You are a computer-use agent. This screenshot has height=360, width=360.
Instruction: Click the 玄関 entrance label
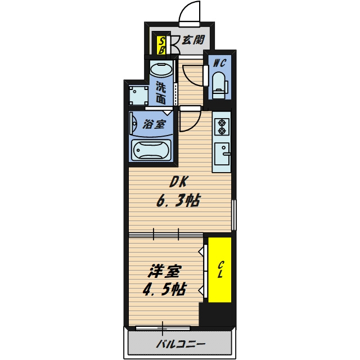(193, 40)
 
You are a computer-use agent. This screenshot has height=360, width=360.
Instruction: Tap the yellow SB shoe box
(161, 46)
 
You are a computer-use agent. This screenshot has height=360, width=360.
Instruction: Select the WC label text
(219, 63)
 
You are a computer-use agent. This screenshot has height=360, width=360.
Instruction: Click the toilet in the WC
(219, 85)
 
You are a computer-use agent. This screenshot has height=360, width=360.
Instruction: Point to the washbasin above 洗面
(161, 70)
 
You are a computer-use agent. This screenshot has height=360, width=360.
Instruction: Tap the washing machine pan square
(138, 95)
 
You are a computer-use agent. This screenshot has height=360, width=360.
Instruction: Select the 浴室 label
(154, 124)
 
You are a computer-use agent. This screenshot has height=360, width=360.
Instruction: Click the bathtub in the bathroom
(151, 150)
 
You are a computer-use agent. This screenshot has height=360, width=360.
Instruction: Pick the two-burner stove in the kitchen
(222, 127)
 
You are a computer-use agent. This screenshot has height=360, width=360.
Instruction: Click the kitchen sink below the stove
(222, 154)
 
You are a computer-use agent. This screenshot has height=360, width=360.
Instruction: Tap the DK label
(179, 182)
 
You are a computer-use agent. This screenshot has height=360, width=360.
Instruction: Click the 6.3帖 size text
(178, 200)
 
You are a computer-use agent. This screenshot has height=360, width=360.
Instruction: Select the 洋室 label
(165, 271)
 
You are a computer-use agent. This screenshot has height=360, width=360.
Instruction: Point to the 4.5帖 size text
(164, 290)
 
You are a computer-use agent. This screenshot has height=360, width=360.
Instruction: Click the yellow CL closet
(220, 270)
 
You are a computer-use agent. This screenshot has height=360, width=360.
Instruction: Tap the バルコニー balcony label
(181, 344)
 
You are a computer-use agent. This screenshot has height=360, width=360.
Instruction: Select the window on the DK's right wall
(233, 215)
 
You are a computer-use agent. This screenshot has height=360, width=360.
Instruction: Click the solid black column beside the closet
(217, 314)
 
